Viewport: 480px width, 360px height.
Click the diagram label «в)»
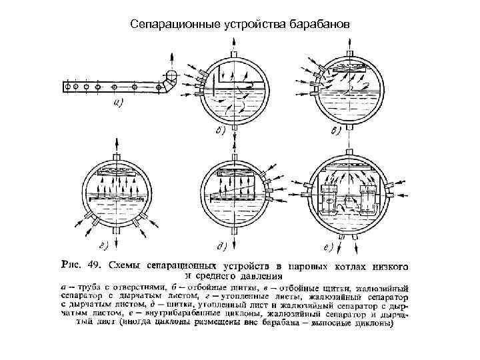coord(335,131)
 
